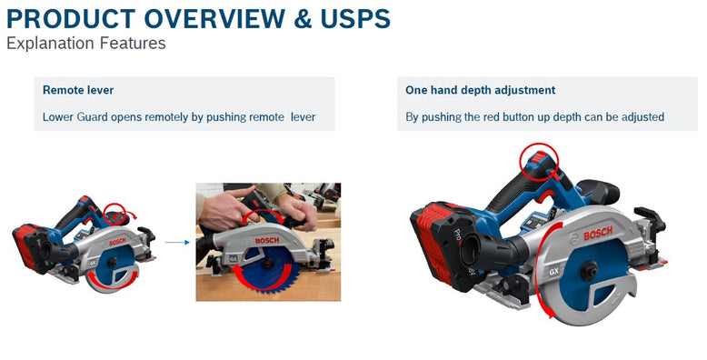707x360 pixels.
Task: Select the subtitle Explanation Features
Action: (86, 43)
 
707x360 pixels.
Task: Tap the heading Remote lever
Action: (78, 90)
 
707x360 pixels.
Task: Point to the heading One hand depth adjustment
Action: (480, 90)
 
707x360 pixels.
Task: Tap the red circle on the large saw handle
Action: (535, 161)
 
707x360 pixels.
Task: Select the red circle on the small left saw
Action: (115, 214)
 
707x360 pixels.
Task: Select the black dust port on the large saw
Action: (491, 260)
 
